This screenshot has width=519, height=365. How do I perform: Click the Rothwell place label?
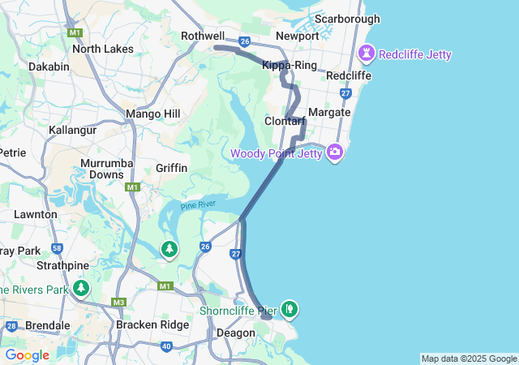click(203, 36)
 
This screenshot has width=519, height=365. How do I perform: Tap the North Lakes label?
click(103, 49)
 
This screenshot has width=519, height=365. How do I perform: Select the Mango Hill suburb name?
click(153, 114)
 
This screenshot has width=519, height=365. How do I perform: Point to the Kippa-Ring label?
click(290, 65)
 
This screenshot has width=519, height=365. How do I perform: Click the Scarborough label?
click(347, 19)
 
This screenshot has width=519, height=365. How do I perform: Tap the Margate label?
click(329, 112)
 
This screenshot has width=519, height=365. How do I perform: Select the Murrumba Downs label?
click(102, 169)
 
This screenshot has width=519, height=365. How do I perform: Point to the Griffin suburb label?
click(172, 168)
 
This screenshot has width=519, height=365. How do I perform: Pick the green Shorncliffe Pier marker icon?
click(290, 308)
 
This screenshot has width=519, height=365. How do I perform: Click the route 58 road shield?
click(57, 248)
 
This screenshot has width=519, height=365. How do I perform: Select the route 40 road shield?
click(166, 346)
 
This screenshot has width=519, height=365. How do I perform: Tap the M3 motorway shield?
click(119, 303)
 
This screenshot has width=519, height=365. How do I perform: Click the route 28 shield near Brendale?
click(11, 326)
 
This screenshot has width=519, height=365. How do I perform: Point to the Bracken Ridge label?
click(152, 325)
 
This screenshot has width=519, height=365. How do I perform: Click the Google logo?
click(27, 355)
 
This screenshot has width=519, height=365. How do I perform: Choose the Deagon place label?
click(236, 333)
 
